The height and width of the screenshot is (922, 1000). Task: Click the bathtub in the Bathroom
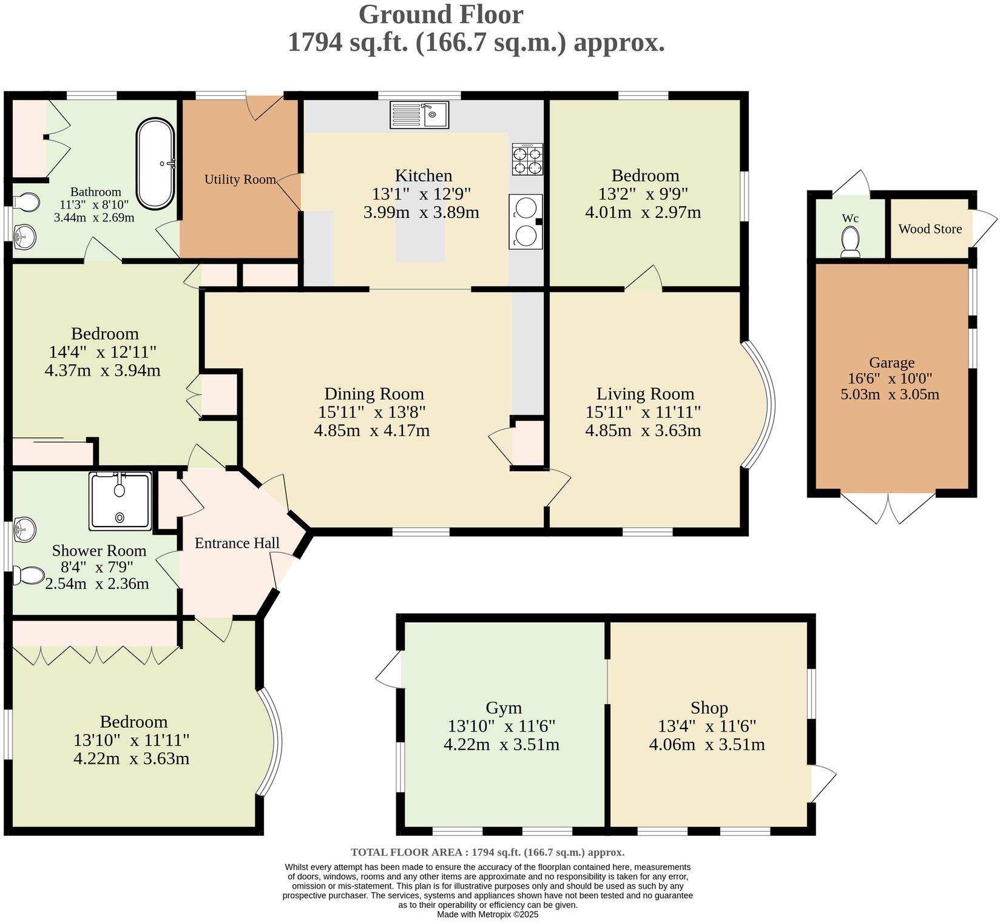(155, 164)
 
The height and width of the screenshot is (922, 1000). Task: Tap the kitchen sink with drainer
(419, 115)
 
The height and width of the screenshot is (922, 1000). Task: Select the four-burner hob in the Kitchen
(527, 160)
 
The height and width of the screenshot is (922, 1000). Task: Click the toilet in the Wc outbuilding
(850, 242)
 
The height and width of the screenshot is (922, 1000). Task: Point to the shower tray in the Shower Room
(120, 501)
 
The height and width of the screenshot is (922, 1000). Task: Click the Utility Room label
(240, 180)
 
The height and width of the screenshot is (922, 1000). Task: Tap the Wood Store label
(930, 229)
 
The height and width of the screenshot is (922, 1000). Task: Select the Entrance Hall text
(237, 543)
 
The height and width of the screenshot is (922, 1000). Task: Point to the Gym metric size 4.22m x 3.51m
(501, 744)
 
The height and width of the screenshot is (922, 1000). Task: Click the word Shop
(709, 708)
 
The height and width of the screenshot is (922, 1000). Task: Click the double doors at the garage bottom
(888, 508)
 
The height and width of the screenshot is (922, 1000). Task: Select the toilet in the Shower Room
(29, 575)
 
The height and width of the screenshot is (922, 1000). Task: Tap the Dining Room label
(374, 394)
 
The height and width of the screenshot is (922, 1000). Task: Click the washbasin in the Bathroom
(25, 237)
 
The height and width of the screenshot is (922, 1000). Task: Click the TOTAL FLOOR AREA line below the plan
(487, 852)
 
